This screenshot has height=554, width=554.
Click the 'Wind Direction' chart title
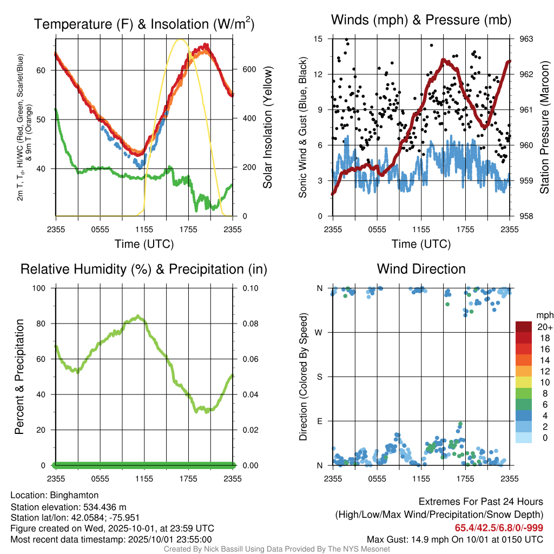coord(421,269)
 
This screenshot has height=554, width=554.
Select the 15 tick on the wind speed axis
coord(318,39)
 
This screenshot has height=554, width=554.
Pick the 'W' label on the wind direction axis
coord(320,332)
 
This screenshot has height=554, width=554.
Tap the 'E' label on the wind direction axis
coord(320,421)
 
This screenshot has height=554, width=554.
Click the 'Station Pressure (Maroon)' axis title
coord(544,127)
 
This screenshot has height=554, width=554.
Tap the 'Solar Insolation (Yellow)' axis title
coord(267,127)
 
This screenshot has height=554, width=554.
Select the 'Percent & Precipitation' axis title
coord(18,377)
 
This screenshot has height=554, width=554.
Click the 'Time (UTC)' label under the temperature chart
coord(144,244)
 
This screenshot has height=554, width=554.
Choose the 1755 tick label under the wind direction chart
coord(465,478)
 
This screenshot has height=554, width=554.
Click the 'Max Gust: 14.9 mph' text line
coord(455,539)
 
